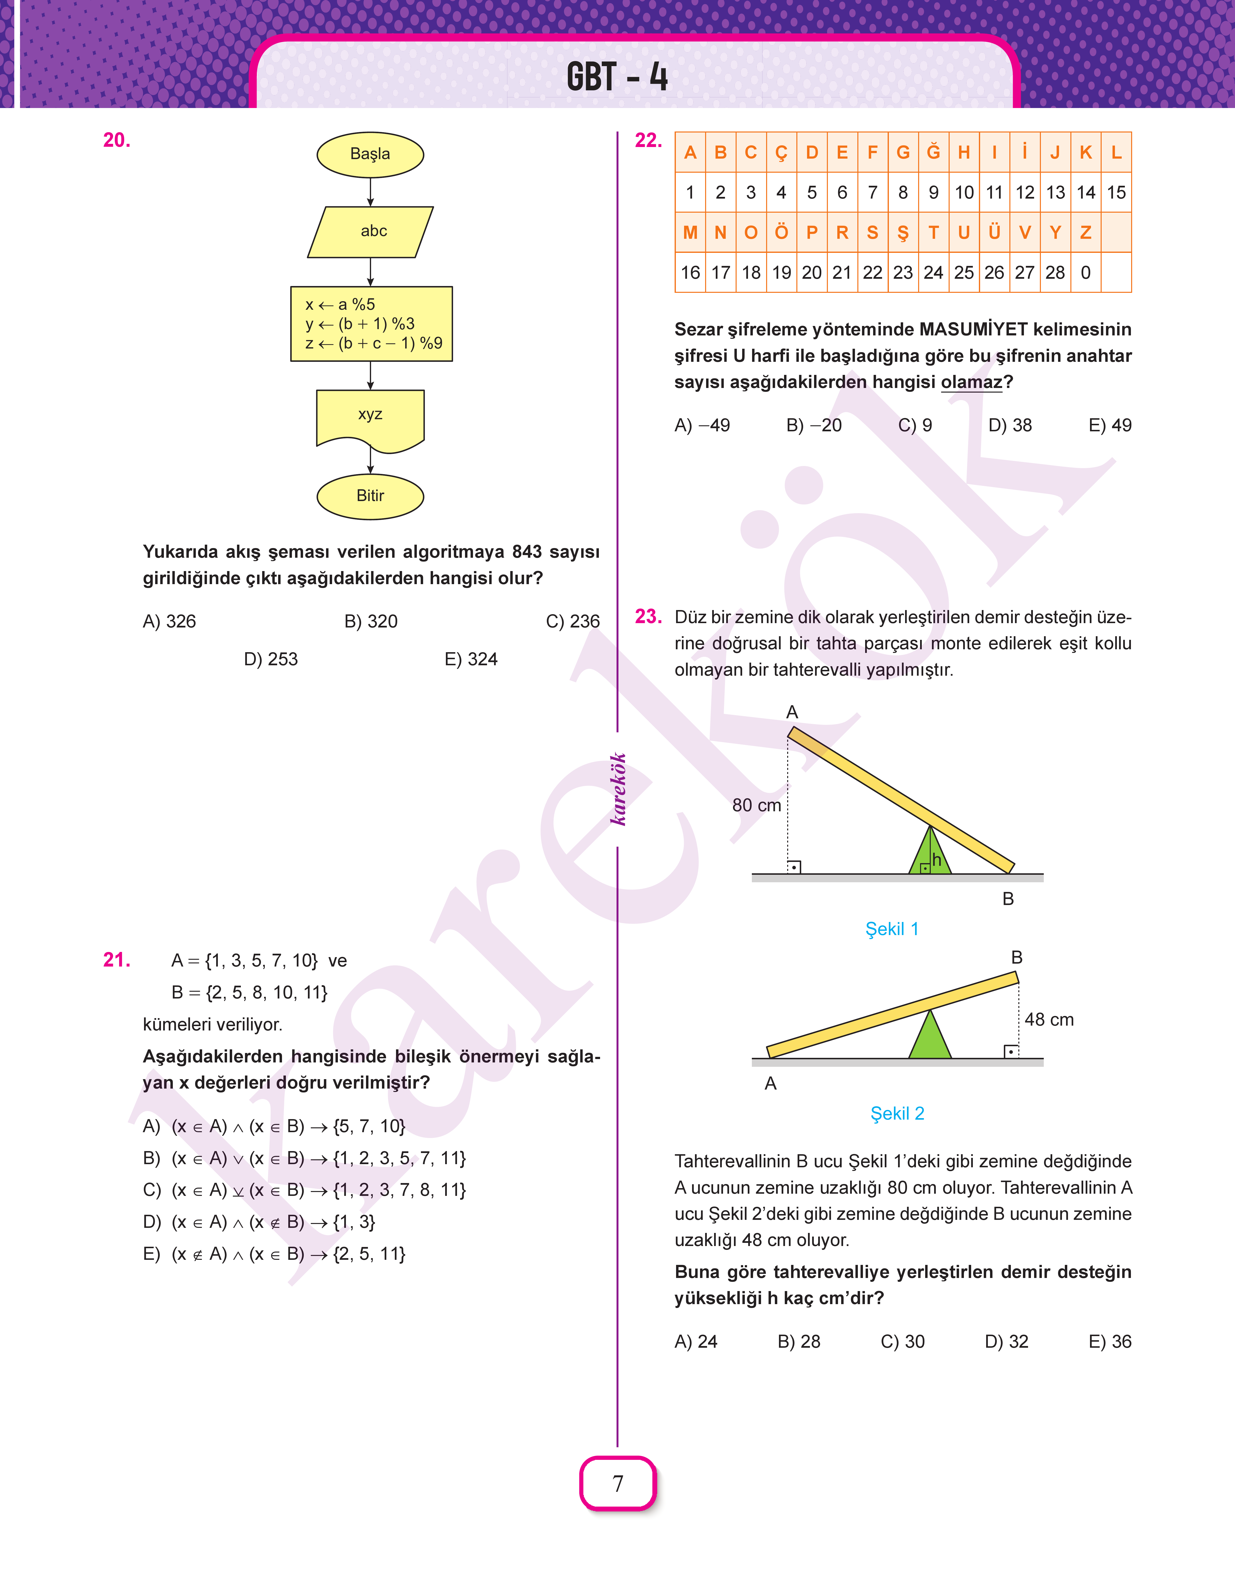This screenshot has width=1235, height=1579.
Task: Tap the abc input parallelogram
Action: [370, 232]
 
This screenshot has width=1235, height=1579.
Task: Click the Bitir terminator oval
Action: [370, 496]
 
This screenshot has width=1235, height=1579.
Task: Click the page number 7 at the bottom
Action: [617, 1484]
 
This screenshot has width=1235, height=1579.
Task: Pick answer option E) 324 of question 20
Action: [471, 659]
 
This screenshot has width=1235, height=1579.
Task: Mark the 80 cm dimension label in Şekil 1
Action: [756, 805]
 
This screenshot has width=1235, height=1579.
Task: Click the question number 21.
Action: [116, 960]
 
